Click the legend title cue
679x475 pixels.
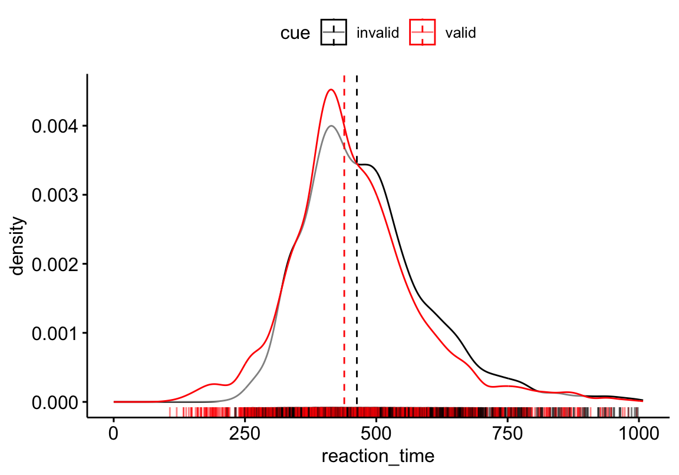[x=295, y=33]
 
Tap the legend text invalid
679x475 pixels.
[x=378, y=33]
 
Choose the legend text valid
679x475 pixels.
[x=460, y=33]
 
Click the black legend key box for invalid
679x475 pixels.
[x=334, y=32]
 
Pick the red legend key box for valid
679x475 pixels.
[x=422, y=32]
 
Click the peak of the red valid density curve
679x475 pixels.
[x=331, y=90]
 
